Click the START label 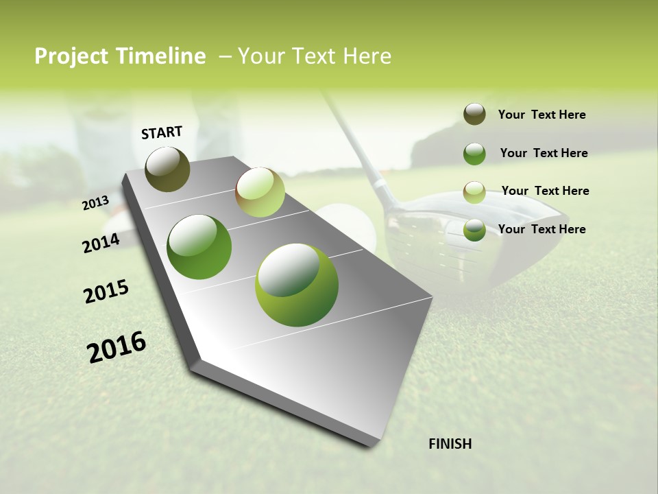click(162, 132)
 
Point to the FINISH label click(450, 444)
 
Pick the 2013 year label click(95, 203)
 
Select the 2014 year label click(101, 243)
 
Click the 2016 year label click(117, 347)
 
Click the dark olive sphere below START click(168, 169)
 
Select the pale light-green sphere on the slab click(260, 191)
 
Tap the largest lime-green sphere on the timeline click(297, 285)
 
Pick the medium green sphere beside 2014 click(199, 247)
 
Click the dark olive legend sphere click(474, 114)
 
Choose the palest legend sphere click(474, 191)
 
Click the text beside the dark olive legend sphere click(541, 115)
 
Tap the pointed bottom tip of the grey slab click(370, 445)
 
